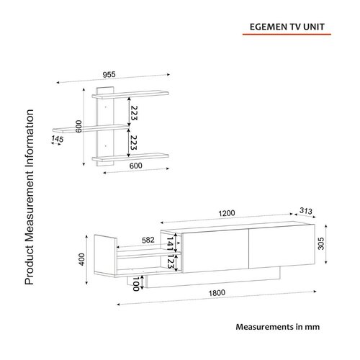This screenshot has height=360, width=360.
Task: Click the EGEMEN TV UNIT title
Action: (x=287, y=27)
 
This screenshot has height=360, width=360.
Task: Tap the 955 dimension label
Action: (x=109, y=75)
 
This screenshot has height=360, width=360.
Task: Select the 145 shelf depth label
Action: (x=58, y=139)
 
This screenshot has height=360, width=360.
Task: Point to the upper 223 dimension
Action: (x=134, y=113)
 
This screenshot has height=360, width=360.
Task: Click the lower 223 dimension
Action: (x=134, y=143)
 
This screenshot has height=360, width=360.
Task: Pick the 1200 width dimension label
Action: (x=227, y=213)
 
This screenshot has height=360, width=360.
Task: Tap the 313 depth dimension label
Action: (x=306, y=211)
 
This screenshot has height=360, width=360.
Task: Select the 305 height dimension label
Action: (x=321, y=243)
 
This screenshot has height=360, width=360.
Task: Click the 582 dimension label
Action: (x=148, y=240)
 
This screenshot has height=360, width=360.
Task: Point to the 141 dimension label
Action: (x=170, y=244)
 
